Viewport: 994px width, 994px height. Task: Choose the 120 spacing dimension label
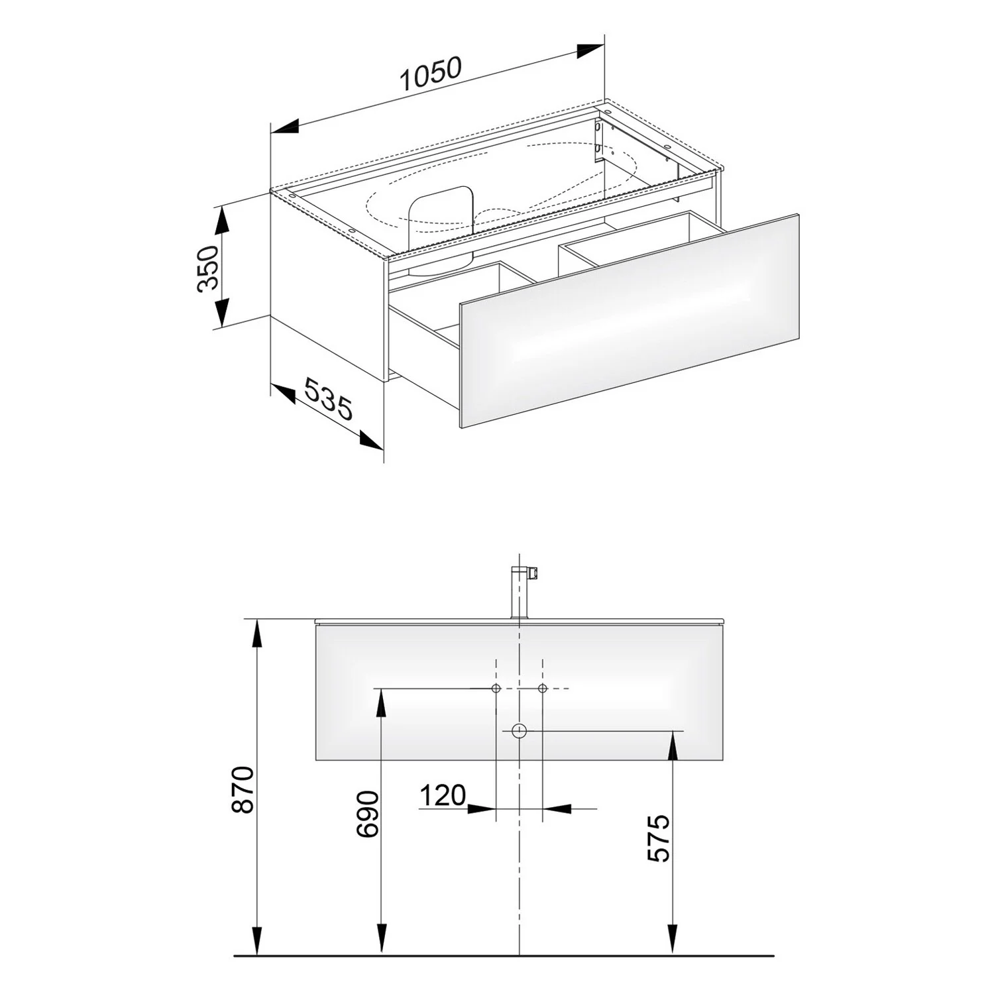point(442,795)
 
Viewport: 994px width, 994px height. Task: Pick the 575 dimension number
point(658,838)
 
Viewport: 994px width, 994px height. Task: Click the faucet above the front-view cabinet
point(521,591)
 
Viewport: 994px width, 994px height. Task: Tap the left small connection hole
point(496,689)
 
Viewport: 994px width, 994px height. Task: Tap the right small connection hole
point(542,689)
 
